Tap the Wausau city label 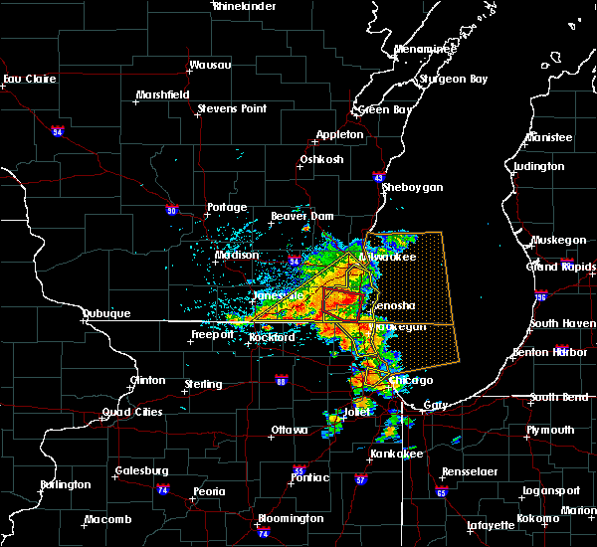pyautogui.click(x=211, y=67)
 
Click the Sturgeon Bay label pyautogui.click(x=456, y=78)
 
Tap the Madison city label pyautogui.click(x=237, y=255)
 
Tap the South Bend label pyautogui.click(x=557, y=397)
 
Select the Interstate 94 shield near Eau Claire pyautogui.click(x=58, y=130)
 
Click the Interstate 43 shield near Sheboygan pyautogui.click(x=380, y=176)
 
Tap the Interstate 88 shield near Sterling pyautogui.click(x=281, y=380)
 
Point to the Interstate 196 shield pyautogui.click(x=541, y=296)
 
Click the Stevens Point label pyautogui.click(x=230, y=107)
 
